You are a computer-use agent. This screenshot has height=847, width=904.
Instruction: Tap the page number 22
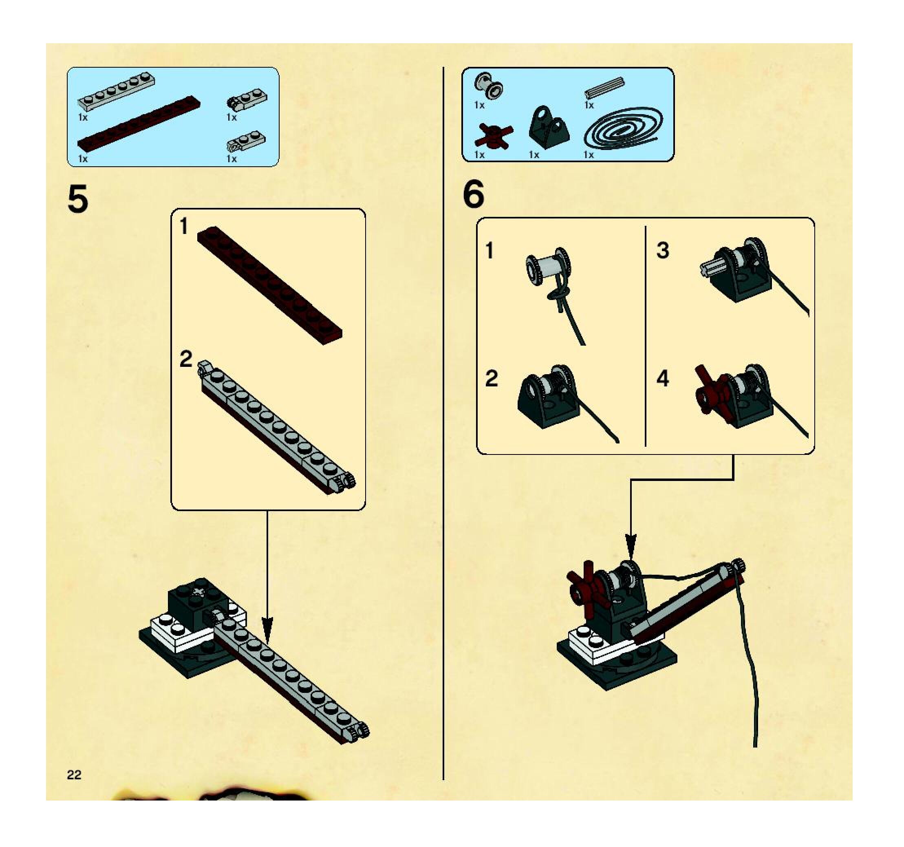pyautogui.click(x=74, y=775)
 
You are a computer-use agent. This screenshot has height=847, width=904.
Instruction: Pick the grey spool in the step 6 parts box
pyautogui.click(x=489, y=86)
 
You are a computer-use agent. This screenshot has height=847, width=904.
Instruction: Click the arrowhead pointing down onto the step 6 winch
pyautogui.click(x=631, y=545)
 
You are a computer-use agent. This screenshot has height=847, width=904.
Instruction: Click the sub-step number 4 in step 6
pyautogui.click(x=663, y=378)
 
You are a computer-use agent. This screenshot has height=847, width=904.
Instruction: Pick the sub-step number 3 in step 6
pyautogui.click(x=663, y=251)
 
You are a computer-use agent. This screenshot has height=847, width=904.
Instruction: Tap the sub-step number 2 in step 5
pyautogui.click(x=186, y=359)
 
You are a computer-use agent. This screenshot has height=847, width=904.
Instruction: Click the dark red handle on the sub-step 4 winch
pyautogui.click(x=710, y=390)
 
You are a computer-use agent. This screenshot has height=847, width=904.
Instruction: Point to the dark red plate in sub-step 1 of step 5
pyautogui.click(x=269, y=285)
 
